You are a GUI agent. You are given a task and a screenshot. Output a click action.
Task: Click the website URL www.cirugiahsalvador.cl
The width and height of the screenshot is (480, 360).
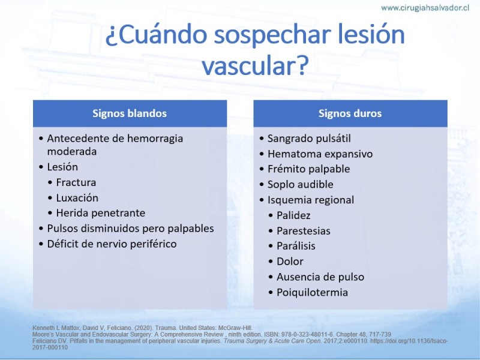[425, 8]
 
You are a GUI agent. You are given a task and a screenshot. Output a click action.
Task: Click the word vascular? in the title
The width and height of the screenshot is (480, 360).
[254, 65]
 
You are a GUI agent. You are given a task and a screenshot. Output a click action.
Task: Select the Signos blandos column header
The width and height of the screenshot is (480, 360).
[130, 113]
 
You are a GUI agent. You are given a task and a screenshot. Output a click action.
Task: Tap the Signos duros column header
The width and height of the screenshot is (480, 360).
[350, 113]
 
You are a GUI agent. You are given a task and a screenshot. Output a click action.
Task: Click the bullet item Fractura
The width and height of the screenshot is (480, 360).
[76, 182]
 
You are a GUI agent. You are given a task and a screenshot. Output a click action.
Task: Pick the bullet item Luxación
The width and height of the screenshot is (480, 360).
[77, 198]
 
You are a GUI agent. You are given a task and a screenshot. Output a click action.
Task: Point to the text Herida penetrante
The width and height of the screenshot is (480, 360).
[101, 213]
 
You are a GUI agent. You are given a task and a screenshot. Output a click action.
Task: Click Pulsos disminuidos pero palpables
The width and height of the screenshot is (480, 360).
[130, 229]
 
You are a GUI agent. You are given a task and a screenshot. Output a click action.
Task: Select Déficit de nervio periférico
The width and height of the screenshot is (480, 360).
[112, 244]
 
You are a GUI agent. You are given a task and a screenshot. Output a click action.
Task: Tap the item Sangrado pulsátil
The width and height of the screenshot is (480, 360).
[309, 139]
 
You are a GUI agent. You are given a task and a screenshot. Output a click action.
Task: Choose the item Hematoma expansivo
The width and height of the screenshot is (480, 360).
[320, 154]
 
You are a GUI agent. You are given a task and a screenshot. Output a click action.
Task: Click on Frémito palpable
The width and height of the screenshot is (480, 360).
[308, 169]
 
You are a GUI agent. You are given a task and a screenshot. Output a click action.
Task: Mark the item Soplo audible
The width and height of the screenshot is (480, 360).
[301, 184]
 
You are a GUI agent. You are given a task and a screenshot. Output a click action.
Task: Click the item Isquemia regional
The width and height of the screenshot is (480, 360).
[311, 200]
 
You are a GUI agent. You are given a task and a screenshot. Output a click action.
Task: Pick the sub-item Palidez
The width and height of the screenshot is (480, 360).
[293, 215]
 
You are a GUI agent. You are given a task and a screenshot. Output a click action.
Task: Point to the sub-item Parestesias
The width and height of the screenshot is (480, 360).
[304, 231]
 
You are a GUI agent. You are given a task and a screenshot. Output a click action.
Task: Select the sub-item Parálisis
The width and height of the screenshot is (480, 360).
[296, 246]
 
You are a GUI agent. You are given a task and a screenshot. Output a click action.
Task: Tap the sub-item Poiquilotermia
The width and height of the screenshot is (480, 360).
[312, 292]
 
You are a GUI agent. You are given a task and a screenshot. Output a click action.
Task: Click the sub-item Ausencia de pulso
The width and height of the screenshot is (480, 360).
[320, 277]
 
